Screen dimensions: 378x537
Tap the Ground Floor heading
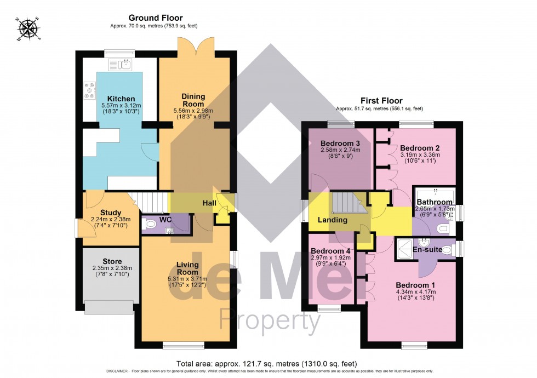tap(156, 18)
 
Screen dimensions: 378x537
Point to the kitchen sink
tap(120, 65)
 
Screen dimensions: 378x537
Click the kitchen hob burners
tap(89, 90)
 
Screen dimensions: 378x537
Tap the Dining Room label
tap(193, 100)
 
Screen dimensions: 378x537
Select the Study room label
tap(111, 213)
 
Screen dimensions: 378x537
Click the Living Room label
tap(187, 268)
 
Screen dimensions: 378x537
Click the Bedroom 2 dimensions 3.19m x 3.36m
tap(420, 154)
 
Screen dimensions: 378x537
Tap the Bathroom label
tap(435, 202)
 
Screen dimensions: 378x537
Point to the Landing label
tap(333, 220)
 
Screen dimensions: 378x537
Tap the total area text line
tap(267, 363)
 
